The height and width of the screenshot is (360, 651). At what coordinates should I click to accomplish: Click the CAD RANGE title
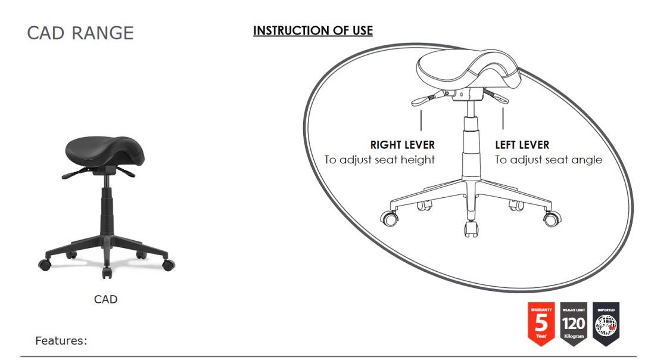80,33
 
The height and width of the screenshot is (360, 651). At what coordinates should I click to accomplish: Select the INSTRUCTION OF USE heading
313,30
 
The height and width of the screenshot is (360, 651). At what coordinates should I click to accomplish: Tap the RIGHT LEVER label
403,145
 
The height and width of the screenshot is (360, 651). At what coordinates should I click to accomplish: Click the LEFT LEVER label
522,145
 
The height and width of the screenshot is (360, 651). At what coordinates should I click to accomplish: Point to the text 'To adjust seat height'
379,160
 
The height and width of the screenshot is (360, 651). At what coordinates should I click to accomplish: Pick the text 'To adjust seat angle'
549,160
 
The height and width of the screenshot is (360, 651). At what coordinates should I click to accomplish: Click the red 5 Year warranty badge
541,324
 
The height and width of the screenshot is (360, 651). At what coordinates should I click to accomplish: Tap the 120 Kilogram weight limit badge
574,324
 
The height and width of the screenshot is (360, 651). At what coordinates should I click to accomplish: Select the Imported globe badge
606,324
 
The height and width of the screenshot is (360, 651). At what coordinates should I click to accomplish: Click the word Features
61,341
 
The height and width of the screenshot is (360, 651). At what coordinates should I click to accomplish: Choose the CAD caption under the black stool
105,299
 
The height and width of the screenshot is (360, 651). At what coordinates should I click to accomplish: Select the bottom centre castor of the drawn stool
471,228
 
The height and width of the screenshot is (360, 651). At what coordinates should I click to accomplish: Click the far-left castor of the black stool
45,264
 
